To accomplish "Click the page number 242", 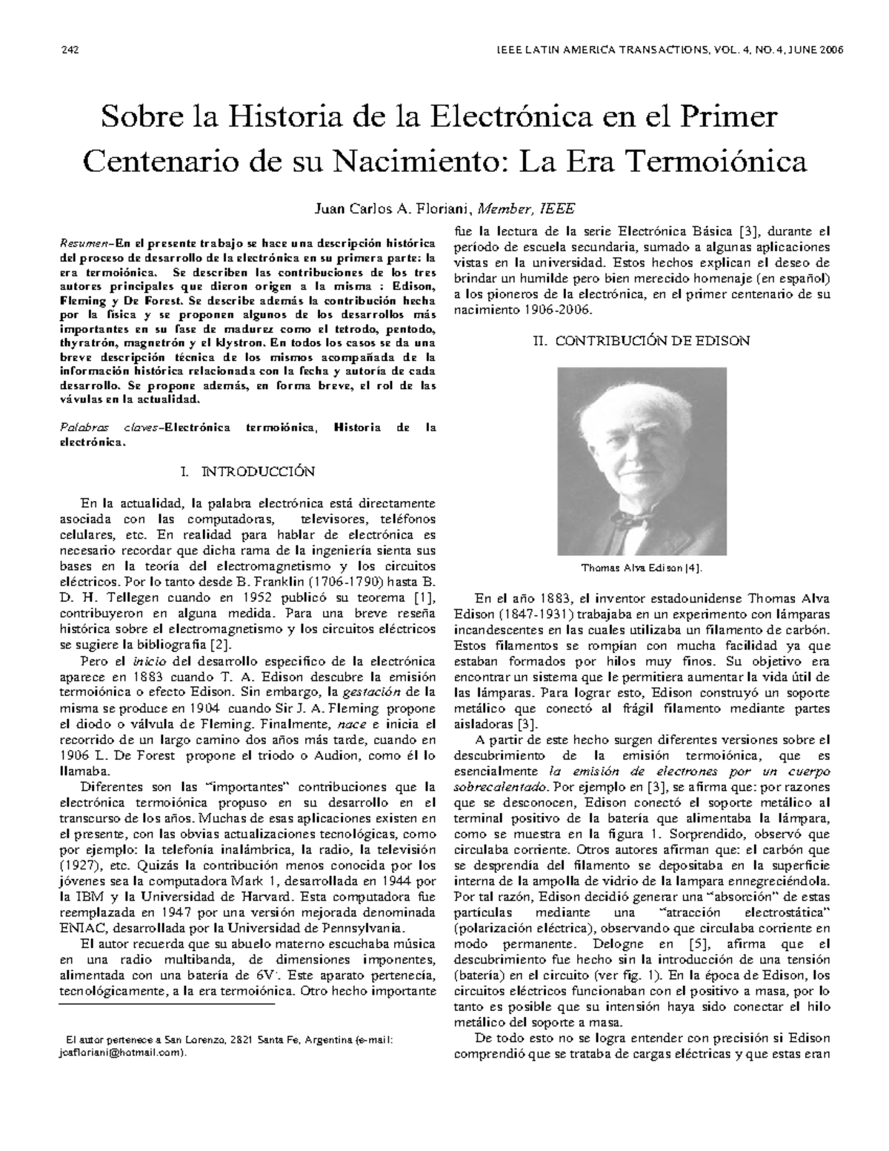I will coord(70,50).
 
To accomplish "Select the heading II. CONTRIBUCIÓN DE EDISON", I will coord(642,341).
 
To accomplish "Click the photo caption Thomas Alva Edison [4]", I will coord(642,568).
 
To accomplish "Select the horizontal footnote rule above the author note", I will coord(167,1004).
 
